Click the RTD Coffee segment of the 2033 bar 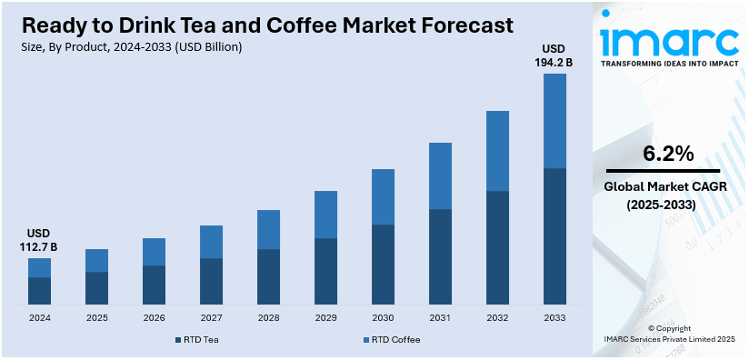(554, 121)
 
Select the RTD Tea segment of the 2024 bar (39, 290)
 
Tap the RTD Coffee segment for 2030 (383, 196)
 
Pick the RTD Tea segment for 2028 (268, 276)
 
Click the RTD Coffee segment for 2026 (154, 252)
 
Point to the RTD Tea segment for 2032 (497, 247)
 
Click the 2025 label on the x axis (97, 318)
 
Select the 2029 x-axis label (325, 318)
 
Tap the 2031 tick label (440, 318)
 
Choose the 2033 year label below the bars (554, 318)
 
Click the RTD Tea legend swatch (178, 339)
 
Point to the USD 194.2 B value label (554, 55)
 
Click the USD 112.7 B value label (39, 240)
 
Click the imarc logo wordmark (669, 41)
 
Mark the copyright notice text (669, 333)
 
